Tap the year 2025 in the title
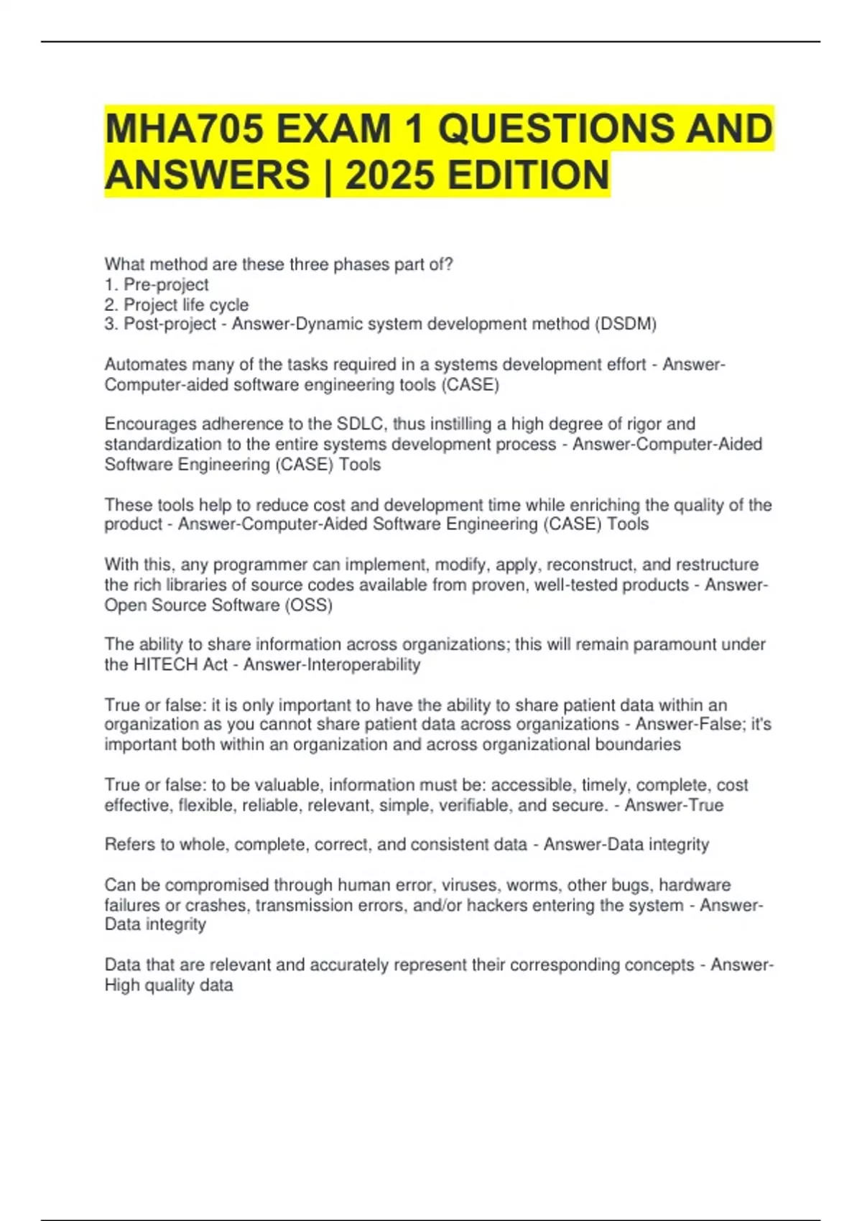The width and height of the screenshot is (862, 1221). pos(389,176)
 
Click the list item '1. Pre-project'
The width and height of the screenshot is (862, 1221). pos(157,284)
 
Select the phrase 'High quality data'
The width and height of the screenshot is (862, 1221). pos(169,985)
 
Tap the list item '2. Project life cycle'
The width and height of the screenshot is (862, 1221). pos(177,305)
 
